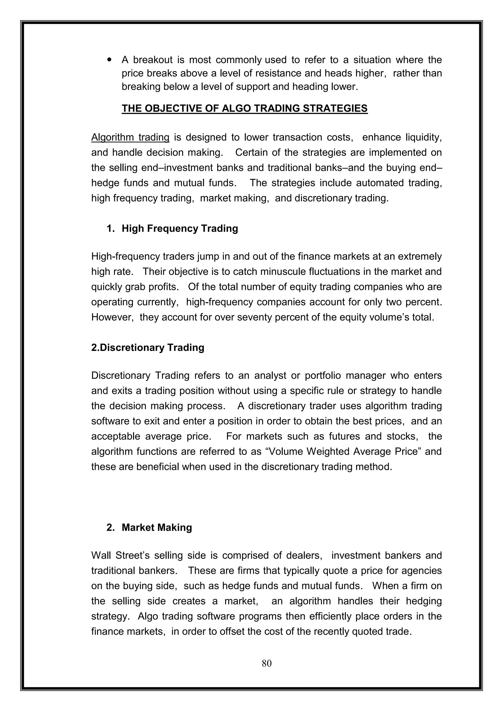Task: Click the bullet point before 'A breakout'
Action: coord(109,60)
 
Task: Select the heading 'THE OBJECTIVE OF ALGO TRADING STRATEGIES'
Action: coord(244,108)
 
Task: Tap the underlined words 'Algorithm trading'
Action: coord(130,137)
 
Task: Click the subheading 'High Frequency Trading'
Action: coord(180,229)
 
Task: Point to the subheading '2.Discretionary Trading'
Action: coord(148,347)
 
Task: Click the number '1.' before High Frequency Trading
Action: coord(111,229)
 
